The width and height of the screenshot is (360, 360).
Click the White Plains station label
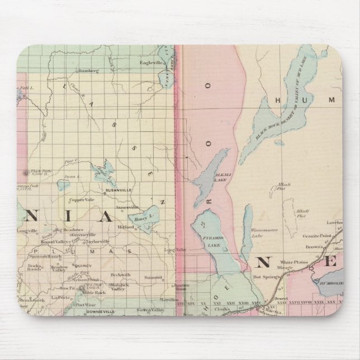click(293, 261)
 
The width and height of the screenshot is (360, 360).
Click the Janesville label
click(127, 207)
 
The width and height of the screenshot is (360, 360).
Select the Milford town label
click(126, 228)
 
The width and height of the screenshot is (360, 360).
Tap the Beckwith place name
click(120, 275)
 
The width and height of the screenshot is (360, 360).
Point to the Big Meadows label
click(70, 230)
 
